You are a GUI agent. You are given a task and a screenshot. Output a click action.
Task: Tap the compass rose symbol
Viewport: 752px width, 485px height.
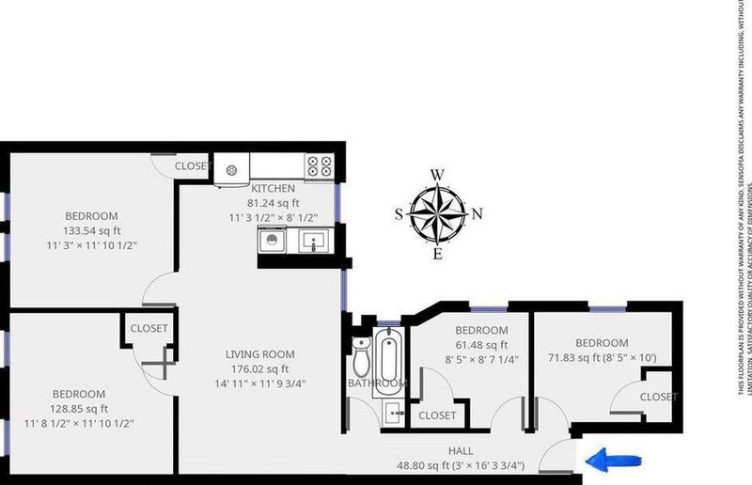point(438,213)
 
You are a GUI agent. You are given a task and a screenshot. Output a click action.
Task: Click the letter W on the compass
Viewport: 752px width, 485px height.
point(437,175)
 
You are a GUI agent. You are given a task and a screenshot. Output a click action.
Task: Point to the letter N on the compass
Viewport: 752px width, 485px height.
point(477,213)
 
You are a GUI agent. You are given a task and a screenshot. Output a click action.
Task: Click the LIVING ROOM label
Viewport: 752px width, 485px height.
point(260,354)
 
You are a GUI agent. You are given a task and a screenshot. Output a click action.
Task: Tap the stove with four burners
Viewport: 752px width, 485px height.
point(319,166)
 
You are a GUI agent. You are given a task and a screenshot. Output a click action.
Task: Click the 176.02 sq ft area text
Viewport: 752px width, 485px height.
point(260,368)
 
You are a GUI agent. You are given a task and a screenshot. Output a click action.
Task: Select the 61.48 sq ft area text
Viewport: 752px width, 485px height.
point(481,345)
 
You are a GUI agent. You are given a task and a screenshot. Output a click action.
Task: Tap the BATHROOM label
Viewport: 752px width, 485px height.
point(376,383)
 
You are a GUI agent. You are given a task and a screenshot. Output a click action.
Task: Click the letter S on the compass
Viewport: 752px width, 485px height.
point(399,213)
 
